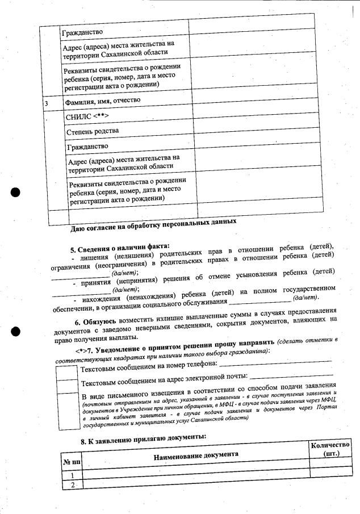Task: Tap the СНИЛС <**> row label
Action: (x=87, y=116)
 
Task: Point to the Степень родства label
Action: (x=93, y=131)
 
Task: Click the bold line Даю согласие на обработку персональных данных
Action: (x=153, y=225)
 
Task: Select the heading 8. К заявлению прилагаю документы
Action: (x=143, y=438)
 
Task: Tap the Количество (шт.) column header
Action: (x=329, y=450)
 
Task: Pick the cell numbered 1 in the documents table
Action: (x=72, y=474)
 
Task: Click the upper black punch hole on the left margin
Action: (x=16, y=191)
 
